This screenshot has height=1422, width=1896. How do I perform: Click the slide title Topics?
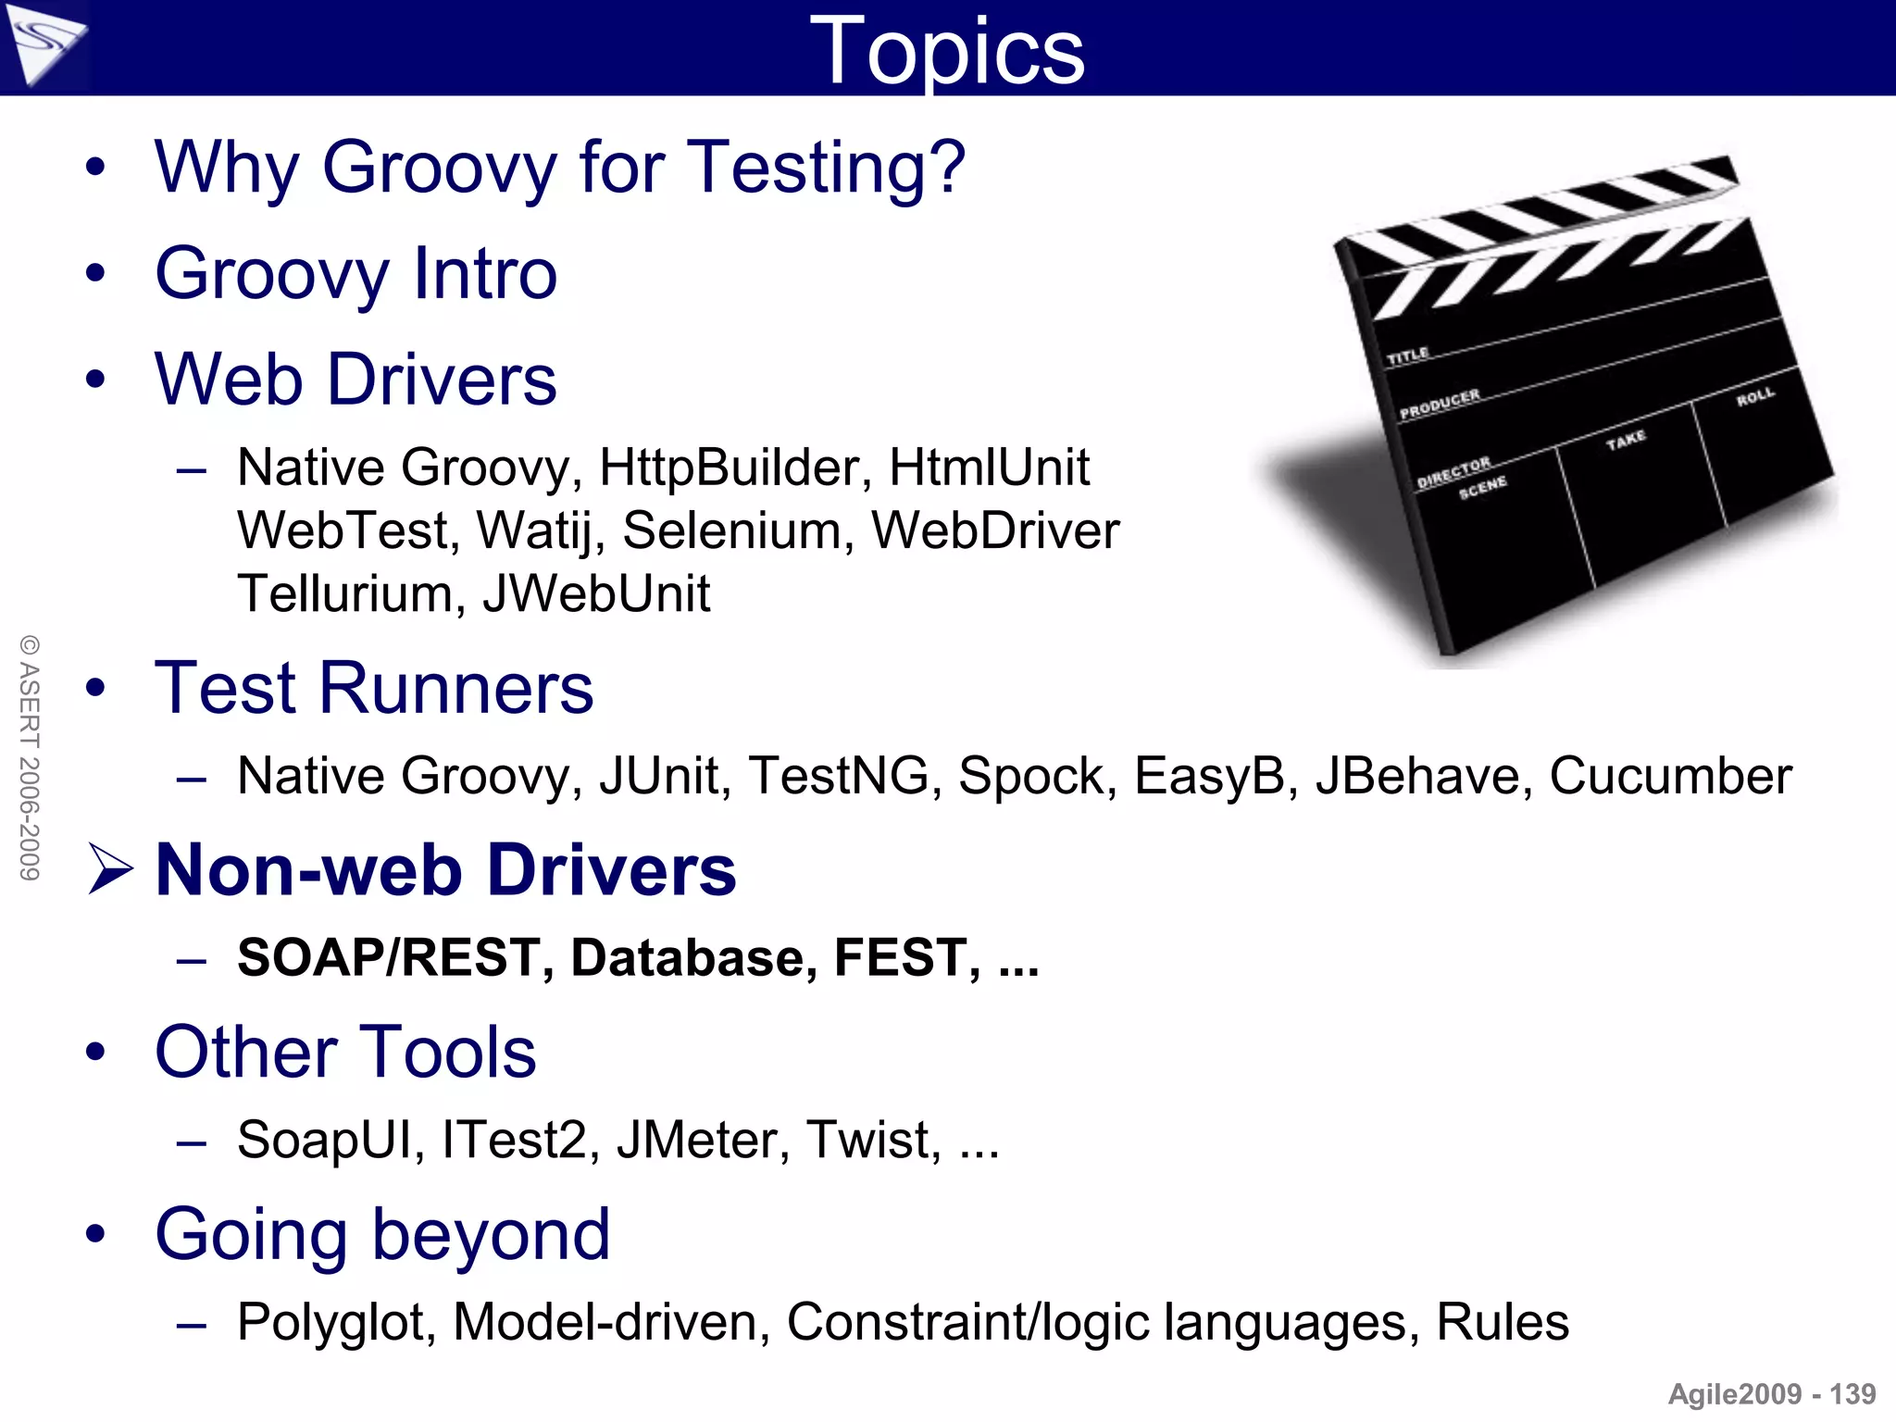coord(946,52)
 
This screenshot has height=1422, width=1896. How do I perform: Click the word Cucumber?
coord(1670,776)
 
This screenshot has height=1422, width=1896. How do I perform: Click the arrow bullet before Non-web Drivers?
coord(110,868)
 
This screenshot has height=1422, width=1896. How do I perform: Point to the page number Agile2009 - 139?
coord(1771,1394)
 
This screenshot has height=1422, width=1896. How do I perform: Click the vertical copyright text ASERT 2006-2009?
coord(30,757)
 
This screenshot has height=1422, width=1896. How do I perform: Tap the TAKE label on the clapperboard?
coord(1626,440)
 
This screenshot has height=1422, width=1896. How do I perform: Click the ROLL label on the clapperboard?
coord(1755,397)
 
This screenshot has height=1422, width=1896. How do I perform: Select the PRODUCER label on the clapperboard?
coord(1440,405)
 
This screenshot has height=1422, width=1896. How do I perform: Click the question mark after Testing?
coord(945,168)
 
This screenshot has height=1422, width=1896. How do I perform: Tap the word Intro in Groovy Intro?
coord(484,274)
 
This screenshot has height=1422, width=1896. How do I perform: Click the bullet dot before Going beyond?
coord(95,1233)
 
